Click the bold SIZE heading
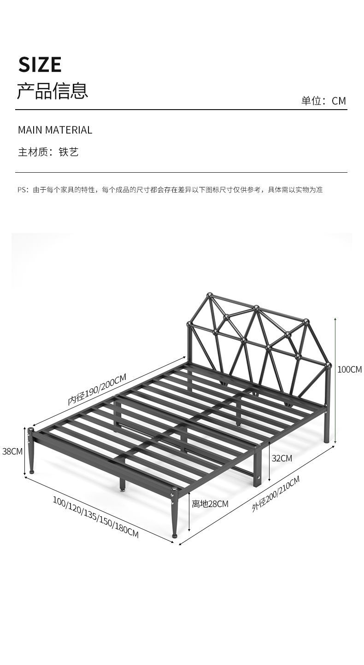40,64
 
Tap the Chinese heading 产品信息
52,91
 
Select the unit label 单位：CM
323,101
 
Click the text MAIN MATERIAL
55,130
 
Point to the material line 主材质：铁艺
48,152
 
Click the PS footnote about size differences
170,190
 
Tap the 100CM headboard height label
350,369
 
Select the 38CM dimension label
12,451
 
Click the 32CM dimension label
282,458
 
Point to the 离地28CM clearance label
210,504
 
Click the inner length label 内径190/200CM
97,390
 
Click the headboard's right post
328,405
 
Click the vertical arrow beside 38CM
25,451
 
